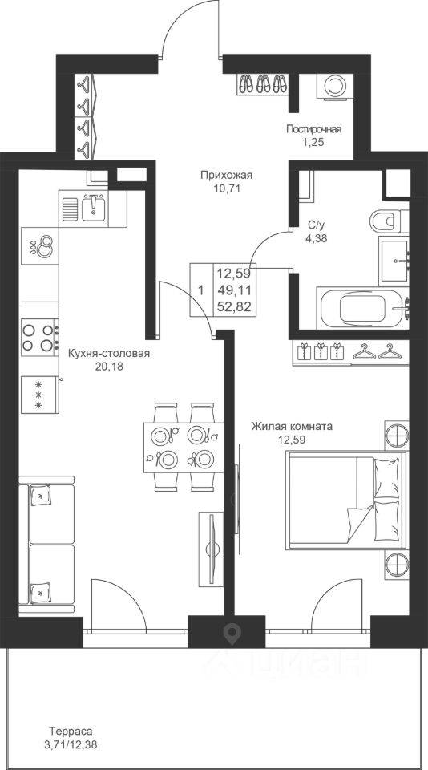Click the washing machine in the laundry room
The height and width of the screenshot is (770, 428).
(335, 87)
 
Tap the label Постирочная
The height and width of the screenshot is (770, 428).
(313, 130)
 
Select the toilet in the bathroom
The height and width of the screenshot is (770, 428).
(390, 221)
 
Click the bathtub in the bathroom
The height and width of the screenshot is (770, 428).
(362, 309)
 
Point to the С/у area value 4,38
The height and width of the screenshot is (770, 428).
(317, 239)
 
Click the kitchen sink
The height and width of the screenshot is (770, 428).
(93, 209)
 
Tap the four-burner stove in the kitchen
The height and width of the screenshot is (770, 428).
(40, 338)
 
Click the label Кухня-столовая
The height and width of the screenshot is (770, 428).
(108, 354)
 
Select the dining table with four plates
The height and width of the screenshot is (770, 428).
(184, 448)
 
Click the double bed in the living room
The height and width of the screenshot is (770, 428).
(346, 500)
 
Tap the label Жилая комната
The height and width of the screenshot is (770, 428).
(292, 426)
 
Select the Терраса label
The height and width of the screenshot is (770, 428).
(71, 731)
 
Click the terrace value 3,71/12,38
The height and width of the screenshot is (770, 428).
(71, 745)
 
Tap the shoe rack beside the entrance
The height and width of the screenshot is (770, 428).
(263, 83)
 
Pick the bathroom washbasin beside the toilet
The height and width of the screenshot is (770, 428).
(394, 261)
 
